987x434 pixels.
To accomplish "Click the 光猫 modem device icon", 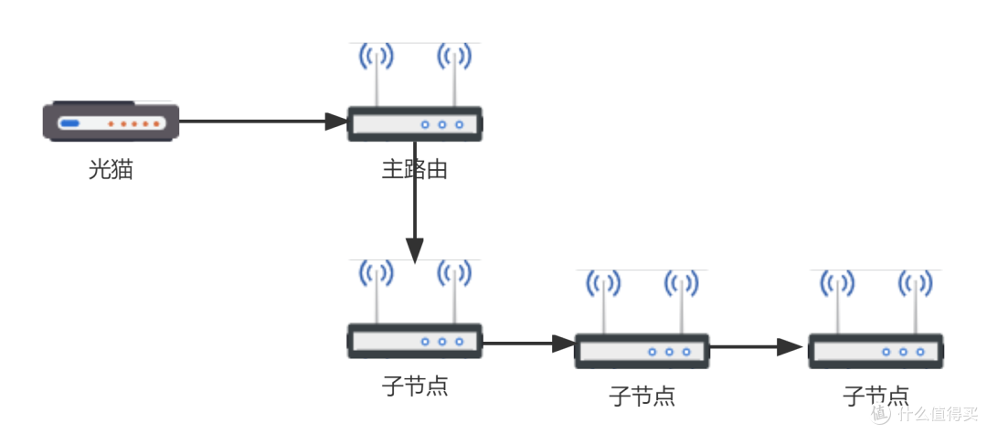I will click(111, 122).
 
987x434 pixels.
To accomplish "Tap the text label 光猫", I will click(111, 170).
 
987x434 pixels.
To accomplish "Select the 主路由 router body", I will click(415, 124).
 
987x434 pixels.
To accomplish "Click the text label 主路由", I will click(414, 170).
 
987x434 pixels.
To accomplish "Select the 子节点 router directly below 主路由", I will click(415, 341).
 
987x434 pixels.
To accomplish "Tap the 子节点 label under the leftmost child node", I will click(414, 386).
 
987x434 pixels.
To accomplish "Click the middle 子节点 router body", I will click(642, 351).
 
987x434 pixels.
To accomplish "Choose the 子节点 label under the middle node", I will click(642, 397).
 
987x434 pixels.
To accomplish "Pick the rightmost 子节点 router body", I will click(876, 351).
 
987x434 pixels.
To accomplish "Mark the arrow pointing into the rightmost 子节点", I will click(759, 347).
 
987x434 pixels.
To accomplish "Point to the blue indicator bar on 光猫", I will click(70, 123).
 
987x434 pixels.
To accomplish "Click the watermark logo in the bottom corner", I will click(923, 413).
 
